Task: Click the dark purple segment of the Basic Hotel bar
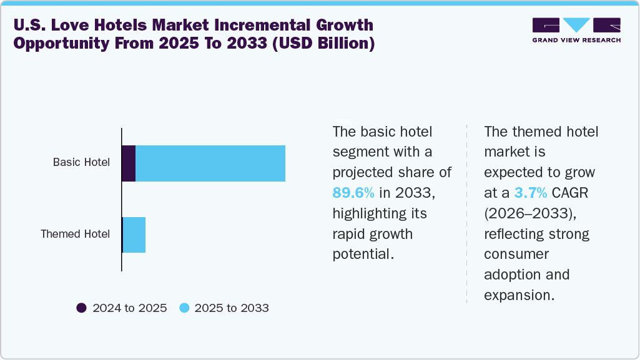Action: pyautogui.click(x=129, y=163)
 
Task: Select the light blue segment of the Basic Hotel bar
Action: pyautogui.click(x=210, y=163)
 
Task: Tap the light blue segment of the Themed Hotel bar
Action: pyautogui.click(x=134, y=235)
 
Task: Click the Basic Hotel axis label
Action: pyautogui.click(x=81, y=162)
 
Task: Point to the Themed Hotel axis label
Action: pyautogui.click(x=75, y=234)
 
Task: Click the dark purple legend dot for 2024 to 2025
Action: pyautogui.click(x=81, y=308)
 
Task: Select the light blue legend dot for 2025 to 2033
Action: pyautogui.click(x=184, y=308)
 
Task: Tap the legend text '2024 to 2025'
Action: pyautogui.click(x=129, y=308)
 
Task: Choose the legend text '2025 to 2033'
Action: pyautogui.click(x=232, y=308)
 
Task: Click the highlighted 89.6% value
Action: pyautogui.click(x=353, y=193)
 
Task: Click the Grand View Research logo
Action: pyautogui.click(x=576, y=26)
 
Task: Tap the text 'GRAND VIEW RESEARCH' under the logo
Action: pyautogui.click(x=576, y=41)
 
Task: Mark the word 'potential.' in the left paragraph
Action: pyautogui.click(x=363, y=255)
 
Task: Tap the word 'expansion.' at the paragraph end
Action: pyautogui.click(x=519, y=295)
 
